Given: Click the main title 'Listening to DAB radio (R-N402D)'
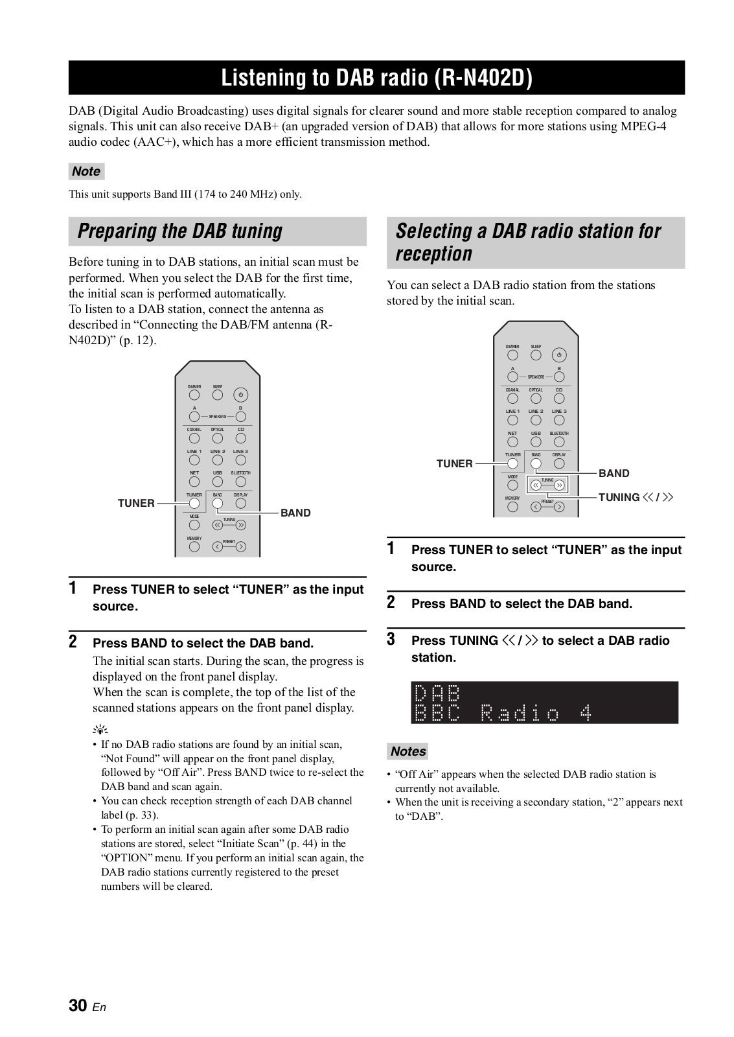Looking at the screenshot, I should tap(376, 78).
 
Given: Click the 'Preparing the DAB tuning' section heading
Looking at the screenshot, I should tap(180, 231).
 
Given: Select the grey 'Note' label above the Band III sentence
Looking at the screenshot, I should tap(86, 172).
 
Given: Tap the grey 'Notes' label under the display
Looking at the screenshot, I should tap(408, 752).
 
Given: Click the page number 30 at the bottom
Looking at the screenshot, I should tap(78, 1006).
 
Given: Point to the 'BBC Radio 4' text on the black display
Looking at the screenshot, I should tap(503, 714).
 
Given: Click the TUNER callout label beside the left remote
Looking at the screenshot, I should tap(136, 503).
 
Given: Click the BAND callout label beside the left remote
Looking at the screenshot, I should tap(295, 513).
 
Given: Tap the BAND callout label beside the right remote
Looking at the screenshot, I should tap(614, 474).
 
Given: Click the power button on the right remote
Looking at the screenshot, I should tap(559, 355).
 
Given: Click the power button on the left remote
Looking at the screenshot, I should tap(240, 395).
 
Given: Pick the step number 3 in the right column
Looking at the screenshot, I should tap(391, 640).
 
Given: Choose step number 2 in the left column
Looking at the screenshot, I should tap(73, 642).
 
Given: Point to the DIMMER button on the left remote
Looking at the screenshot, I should tap(194, 395).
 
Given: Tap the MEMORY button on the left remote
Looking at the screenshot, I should tap(194, 546).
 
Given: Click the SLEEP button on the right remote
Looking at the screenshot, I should tap(536, 355).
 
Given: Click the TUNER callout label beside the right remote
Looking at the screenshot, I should tap(454, 464).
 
